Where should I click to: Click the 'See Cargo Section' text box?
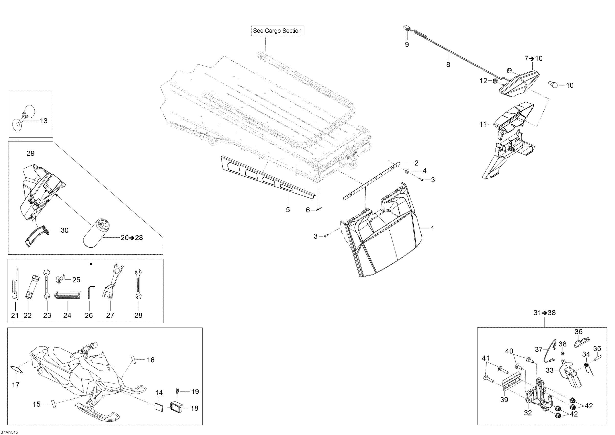tap(277, 31)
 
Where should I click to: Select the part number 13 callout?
tap(43, 121)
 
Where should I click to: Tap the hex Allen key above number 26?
tap(90, 292)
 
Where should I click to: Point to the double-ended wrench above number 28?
tap(138, 284)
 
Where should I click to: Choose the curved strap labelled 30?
tap(37, 236)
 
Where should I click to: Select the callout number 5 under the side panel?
tap(288, 210)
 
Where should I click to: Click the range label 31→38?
tap(544, 313)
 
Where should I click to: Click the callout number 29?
tap(30, 153)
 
